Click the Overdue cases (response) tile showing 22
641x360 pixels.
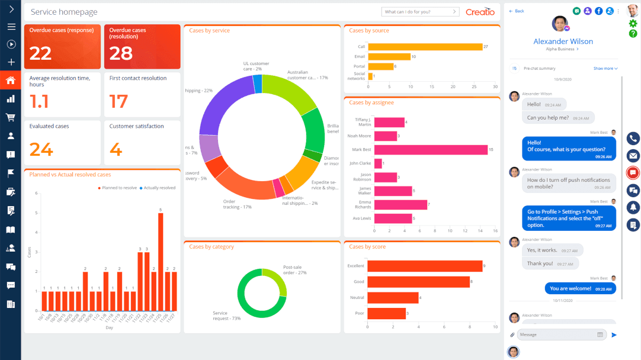tap(62, 47)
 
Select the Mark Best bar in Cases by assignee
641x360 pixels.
tap(431, 150)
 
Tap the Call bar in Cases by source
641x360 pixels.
tap(425, 46)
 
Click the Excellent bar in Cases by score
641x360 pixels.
tap(424, 266)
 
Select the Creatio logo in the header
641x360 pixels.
tap(480, 12)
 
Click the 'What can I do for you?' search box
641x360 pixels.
tap(417, 12)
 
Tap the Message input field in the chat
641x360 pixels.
tap(557, 335)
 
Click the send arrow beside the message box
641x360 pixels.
tap(614, 335)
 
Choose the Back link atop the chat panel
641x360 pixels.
tap(517, 11)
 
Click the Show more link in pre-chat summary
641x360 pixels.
tap(605, 69)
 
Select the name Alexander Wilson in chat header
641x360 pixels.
tap(563, 41)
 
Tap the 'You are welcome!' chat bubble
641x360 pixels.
tap(580, 288)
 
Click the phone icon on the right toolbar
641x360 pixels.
tap(633, 139)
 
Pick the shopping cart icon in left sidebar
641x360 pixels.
tap(11, 117)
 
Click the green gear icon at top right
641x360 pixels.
tap(633, 24)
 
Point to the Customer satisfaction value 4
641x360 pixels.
tap(116, 150)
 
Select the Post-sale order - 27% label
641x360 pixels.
tap(294, 270)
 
